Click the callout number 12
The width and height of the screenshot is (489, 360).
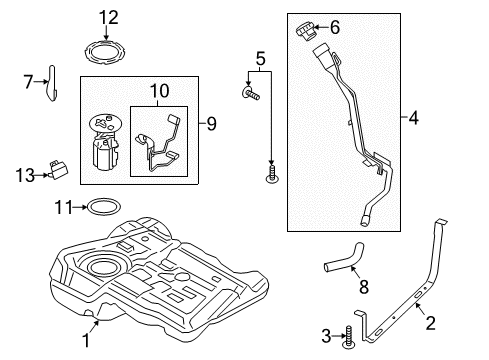[x=109, y=17]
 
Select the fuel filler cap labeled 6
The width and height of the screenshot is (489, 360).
[x=306, y=31]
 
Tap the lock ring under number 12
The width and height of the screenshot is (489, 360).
[x=105, y=53]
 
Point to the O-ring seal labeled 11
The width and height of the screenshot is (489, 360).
[x=104, y=207]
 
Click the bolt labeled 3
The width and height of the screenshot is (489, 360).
[x=349, y=337]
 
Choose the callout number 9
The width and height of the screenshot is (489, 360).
[x=211, y=124]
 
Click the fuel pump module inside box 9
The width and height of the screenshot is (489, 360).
[x=105, y=142]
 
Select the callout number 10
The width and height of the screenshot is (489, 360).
[x=160, y=91]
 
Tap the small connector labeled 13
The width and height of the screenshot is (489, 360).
[x=58, y=169]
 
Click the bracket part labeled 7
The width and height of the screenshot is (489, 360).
[x=52, y=83]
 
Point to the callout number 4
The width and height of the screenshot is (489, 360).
[x=413, y=118]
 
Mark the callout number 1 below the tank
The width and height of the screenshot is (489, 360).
[x=86, y=340]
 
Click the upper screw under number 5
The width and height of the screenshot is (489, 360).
[x=250, y=92]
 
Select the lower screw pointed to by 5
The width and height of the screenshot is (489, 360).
[x=272, y=174]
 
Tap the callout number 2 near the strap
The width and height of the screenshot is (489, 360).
[x=430, y=323]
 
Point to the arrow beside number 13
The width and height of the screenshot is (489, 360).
[x=41, y=175]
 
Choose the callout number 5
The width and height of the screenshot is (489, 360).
[x=261, y=59]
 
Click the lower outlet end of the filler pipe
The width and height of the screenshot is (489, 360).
[x=364, y=220]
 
